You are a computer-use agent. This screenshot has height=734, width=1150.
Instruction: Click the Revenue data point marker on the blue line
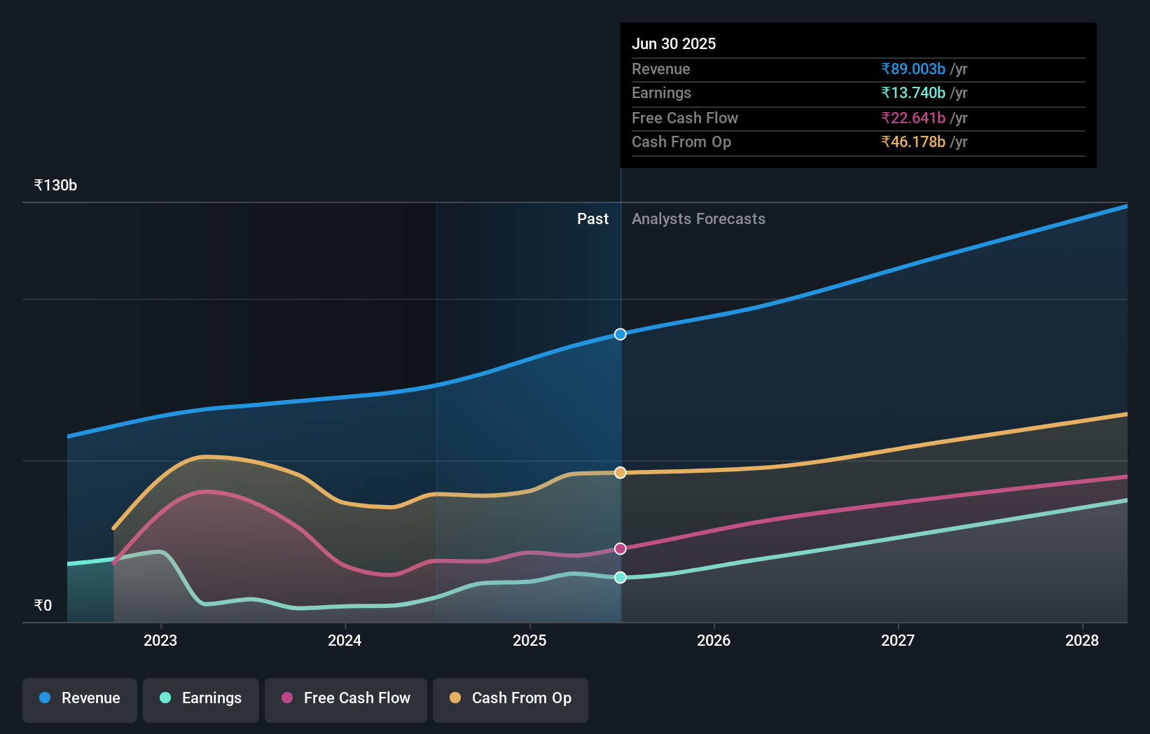click(621, 334)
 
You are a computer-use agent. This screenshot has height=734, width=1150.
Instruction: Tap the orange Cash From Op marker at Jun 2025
click(621, 473)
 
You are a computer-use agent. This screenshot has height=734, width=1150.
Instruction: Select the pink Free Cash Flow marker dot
click(621, 548)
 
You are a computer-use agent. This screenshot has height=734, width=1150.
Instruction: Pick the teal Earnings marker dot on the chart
click(621, 577)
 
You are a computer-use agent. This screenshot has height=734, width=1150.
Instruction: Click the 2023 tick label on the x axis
click(160, 640)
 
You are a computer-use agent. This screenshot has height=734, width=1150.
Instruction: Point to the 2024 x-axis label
click(345, 640)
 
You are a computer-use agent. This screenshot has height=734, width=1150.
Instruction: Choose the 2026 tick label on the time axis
click(714, 640)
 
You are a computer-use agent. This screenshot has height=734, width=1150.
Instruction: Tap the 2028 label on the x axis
click(1082, 640)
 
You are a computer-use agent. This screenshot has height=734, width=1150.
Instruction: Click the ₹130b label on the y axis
click(55, 186)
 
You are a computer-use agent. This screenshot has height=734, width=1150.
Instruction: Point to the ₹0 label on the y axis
click(43, 605)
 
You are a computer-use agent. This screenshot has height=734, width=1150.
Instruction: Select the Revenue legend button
click(80, 698)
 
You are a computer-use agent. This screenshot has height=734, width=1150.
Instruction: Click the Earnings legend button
click(201, 698)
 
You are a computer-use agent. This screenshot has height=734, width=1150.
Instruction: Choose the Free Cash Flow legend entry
click(346, 698)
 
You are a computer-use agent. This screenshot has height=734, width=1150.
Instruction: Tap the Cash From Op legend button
click(511, 698)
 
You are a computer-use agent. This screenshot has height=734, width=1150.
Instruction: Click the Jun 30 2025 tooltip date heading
click(674, 43)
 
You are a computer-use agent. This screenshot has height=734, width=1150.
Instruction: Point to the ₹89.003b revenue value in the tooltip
click(913, 69)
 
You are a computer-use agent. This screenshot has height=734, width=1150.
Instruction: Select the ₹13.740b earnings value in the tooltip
click(913, 93)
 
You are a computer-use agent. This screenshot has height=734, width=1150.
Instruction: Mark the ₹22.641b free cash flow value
click(913, 118)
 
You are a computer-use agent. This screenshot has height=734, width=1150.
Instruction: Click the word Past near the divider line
click(593, 219)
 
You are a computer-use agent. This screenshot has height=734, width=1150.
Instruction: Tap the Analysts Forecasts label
click(698, 219)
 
